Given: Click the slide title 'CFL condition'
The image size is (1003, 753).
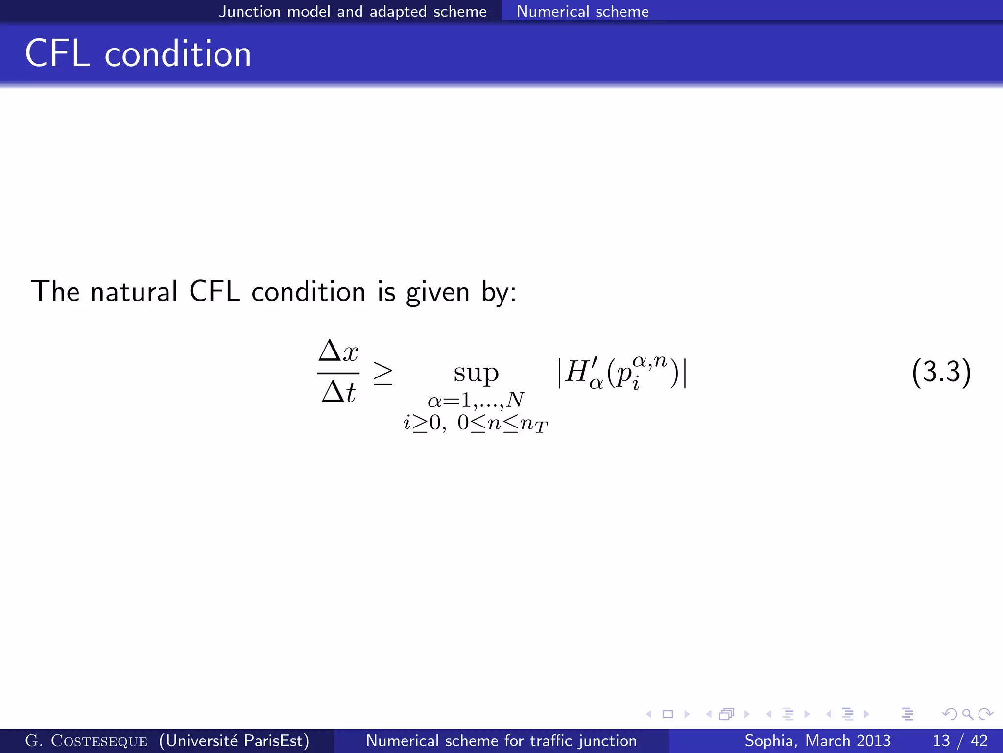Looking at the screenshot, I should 138,53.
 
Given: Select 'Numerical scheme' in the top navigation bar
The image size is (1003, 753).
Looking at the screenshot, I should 582,11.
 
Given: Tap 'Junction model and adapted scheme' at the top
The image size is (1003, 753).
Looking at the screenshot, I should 353,11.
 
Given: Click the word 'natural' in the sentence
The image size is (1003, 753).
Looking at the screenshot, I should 134,292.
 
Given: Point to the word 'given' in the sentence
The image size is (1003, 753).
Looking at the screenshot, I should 438,293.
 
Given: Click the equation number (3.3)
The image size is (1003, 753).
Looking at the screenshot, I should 941,372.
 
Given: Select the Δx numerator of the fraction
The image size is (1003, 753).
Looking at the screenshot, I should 338,351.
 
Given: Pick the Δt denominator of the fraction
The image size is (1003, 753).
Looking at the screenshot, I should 338,392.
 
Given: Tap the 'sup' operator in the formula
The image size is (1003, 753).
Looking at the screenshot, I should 476,374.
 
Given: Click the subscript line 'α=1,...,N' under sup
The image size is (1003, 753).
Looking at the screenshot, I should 476,401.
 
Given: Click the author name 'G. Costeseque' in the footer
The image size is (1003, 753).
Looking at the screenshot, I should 86,741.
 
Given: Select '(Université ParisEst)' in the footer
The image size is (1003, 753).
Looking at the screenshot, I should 234,741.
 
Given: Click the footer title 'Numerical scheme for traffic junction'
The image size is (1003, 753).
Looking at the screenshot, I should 501,741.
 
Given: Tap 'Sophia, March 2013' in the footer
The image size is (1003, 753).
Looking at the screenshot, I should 817,741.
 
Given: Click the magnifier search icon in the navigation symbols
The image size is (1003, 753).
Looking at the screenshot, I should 967,714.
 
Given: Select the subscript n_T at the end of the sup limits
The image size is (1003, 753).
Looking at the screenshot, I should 534,424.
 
